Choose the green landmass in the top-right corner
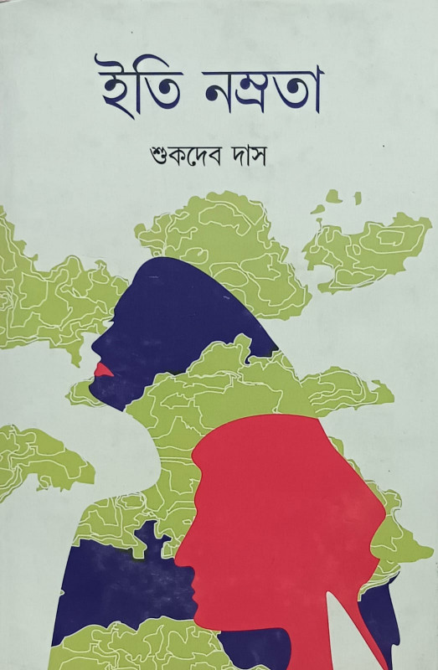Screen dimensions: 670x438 click(368, 247)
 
